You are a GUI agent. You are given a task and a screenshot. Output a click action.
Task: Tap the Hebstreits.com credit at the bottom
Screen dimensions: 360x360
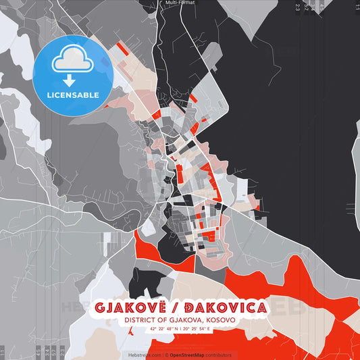pyautogui.click(x=144, y=355)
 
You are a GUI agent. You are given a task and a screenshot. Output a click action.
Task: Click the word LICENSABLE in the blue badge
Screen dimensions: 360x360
pyautogui.click(x=72, y=95)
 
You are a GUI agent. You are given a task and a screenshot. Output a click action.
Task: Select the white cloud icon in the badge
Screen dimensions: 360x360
pyautogui.click(x=72, y=61)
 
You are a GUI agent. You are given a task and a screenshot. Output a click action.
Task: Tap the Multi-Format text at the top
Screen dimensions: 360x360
pyautogui.click(x=179, y=3)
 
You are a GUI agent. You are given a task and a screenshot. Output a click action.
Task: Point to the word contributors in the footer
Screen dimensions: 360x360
pyautogui.click(x=218, y=355)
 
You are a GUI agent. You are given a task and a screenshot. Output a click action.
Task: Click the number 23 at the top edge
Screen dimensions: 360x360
pyautogui.click(x=297, y=7)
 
